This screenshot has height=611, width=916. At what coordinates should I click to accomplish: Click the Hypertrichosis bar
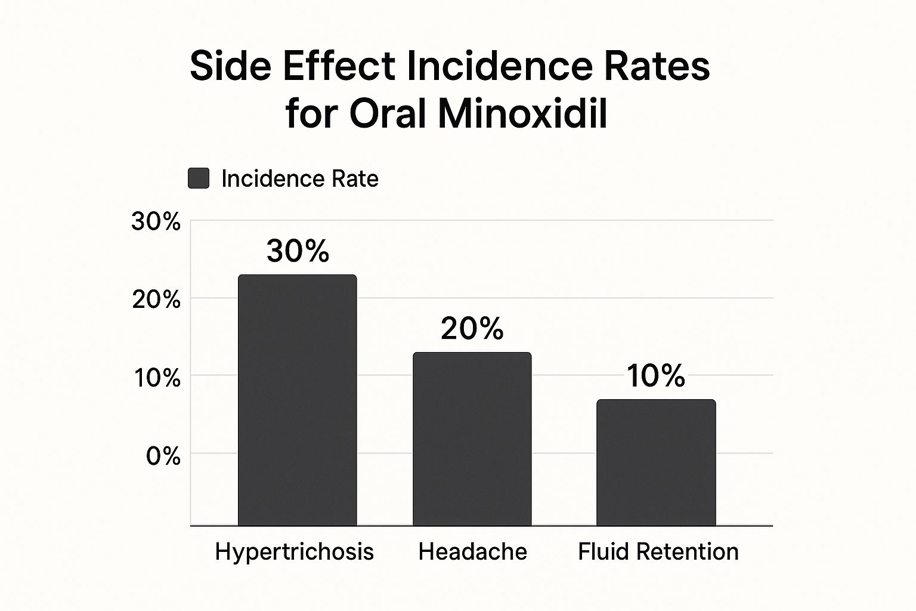pyautogui.click(x=297, y=400)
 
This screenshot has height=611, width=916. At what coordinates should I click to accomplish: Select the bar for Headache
pyautogui.click(x=472, y=439)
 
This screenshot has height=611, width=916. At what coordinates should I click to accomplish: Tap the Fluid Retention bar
pyautogui.click(x=656, y=462)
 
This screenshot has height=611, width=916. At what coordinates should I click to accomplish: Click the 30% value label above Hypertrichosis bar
pyautogui.click(x=298, y=251)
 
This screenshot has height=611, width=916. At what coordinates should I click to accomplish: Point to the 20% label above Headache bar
pyautogui.click(x=472, y=328)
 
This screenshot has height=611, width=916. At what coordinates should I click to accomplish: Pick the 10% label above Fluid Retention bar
pyautogui.click(x=655, y=376)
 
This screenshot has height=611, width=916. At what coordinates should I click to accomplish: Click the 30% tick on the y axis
pyautogui.click(x=156, y=222)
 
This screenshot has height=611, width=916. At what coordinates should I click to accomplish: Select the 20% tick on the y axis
pyautogui.click(x=156, y=300)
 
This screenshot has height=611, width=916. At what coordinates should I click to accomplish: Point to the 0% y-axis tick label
pyautogui.click(x=163, y=456)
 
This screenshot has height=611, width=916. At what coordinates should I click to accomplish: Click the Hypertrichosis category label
pyautogui.click(x=294, y=552)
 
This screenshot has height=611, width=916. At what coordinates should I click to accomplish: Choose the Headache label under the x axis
pyautogui.click(x=472, y=552)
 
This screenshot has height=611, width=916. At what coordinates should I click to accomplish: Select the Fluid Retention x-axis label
pyautogui.click(x=658, y=552)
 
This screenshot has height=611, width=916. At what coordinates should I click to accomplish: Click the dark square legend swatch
pyautogui.click(x=199, y=178)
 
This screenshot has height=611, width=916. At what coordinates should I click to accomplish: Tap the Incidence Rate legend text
pyautogui.click(x=299, y=178)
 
